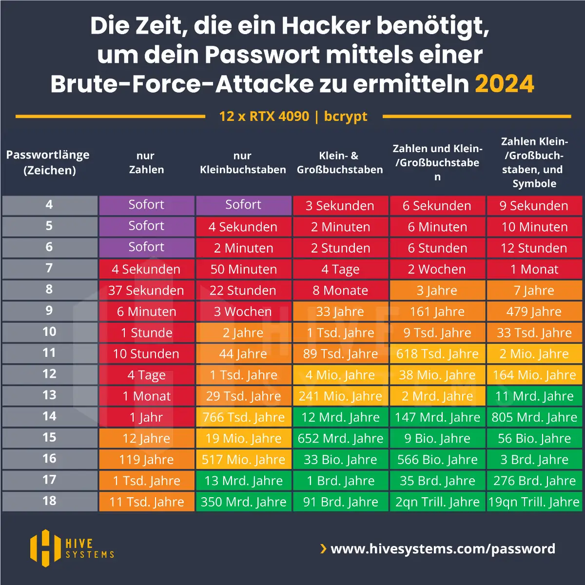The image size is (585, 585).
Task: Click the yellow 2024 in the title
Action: coord(505,84)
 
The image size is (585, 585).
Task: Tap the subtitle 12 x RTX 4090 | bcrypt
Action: coord(293,117)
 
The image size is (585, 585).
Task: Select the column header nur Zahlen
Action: coord(146,163)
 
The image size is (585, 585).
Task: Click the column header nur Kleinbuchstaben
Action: coord(243,163)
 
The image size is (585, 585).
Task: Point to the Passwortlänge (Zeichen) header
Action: coord(48,163)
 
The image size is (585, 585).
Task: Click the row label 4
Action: coord(49,205)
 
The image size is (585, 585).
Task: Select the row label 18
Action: coord(49,501)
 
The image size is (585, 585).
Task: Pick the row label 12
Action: coord(49,374)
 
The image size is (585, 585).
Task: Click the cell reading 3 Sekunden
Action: coord(340,206)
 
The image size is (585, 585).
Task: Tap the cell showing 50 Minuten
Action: coord(243,269)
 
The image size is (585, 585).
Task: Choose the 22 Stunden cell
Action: coord(243,291)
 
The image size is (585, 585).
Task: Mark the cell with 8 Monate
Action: coord(340,291)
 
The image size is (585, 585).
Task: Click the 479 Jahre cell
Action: coord(534,312)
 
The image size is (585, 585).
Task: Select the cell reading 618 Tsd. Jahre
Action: coord(437,354)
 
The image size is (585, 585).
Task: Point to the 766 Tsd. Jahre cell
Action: coord(243,417)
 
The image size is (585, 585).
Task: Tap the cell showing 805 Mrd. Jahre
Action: coord(534,417)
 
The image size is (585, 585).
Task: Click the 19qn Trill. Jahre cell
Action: coord(534,502)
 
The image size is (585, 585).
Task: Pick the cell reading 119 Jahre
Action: coord(146,459)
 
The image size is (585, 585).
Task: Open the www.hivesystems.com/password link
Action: coord(443,549)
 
